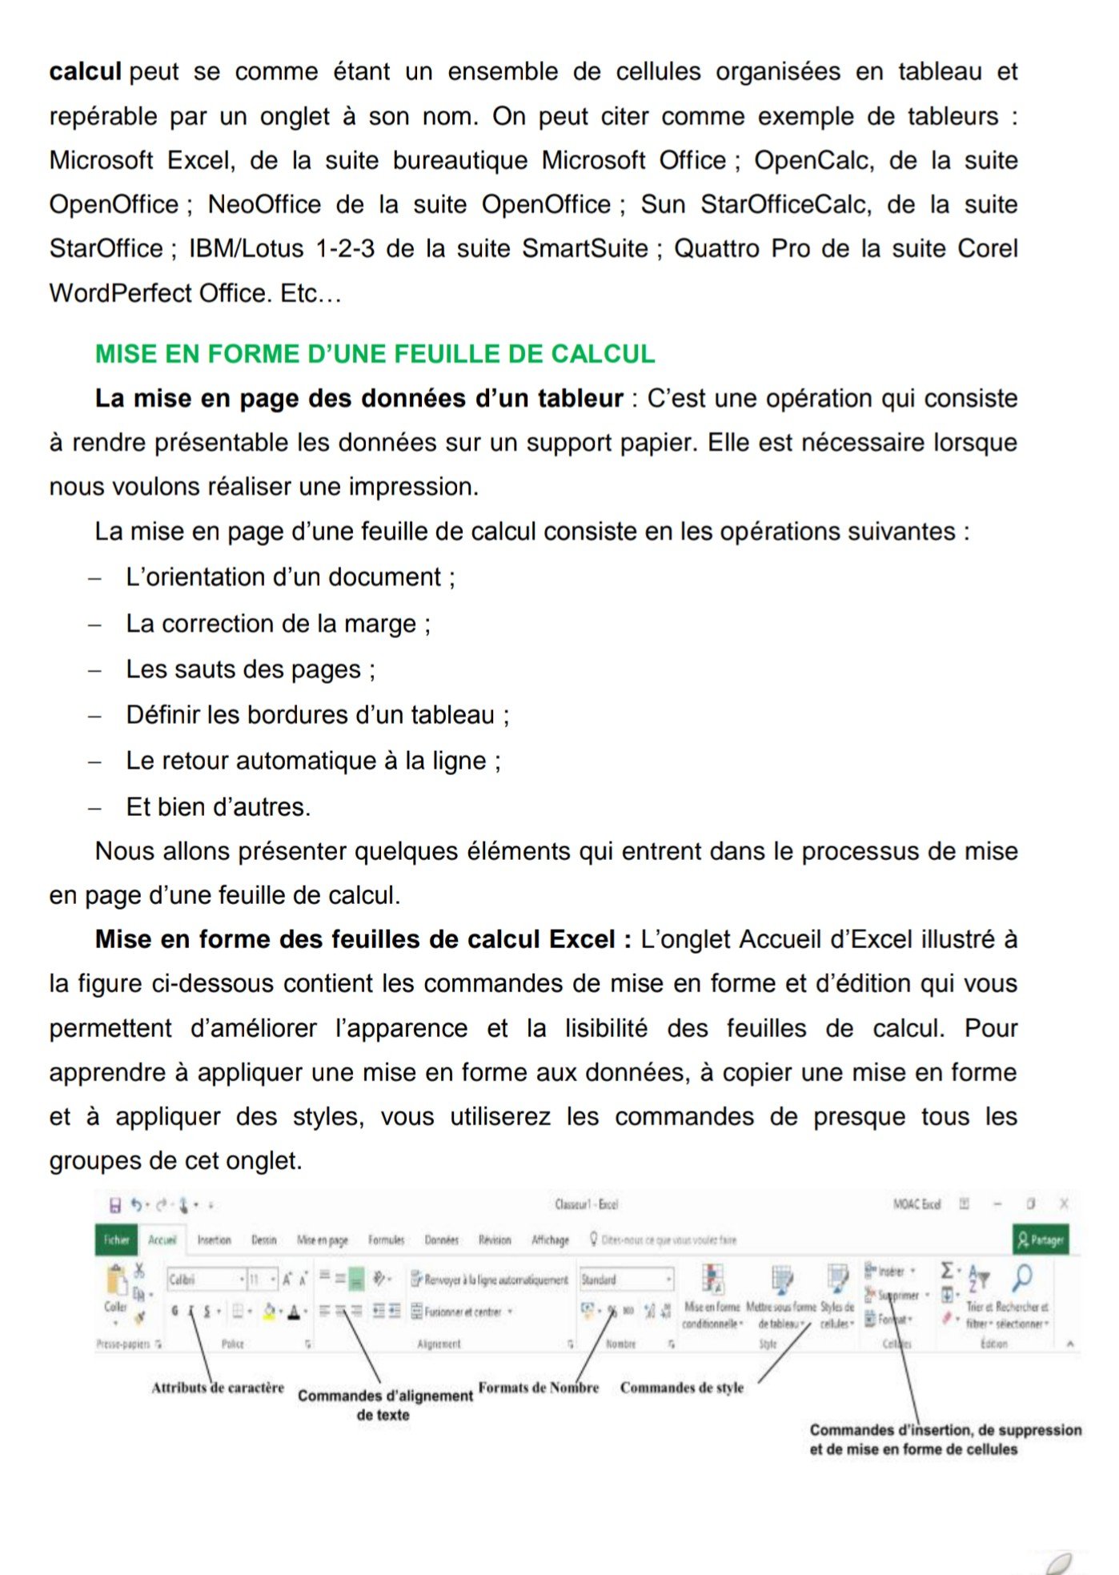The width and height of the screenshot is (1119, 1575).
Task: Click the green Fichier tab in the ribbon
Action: pyautogui.click(x=115, y=1240)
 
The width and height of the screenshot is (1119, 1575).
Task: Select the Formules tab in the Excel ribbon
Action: pyautogui.click(x=386, y=1240)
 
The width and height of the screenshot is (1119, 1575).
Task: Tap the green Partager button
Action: pyautogui.click(x=1040, y=1240)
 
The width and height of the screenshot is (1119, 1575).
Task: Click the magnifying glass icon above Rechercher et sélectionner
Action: pyautogui.click(x=1021, y=1278)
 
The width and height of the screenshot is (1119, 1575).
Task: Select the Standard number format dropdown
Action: pyautogui.click(x=624, y=1280)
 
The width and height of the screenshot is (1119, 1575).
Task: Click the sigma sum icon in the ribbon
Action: pyautogui.click(x=947, y=1271)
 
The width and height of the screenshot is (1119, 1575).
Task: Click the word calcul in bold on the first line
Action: pyautogui.click(x=85, y=72)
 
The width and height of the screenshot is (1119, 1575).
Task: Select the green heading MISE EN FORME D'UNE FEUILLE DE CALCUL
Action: pyautogui.click(x=375, y=354)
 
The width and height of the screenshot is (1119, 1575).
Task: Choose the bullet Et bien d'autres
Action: pyautogui.click(x=218, y=807)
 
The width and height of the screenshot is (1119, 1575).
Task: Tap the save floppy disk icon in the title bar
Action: pyautogui.click(x=114, y=1204)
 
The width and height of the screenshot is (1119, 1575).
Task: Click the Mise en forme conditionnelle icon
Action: pyautogui.click(x=712, y=1280)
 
